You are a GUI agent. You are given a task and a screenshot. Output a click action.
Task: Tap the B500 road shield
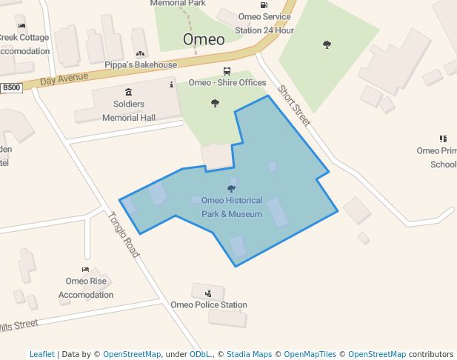click(x=11, y=88)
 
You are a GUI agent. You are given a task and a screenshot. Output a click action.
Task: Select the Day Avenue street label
click(x=64, y=77)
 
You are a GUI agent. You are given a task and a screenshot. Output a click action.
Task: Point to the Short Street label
click(x=294, y=105)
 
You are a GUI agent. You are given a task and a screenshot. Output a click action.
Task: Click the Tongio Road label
click(x=124, y=235)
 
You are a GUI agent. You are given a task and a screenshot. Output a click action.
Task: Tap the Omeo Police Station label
click(x=209, y=304)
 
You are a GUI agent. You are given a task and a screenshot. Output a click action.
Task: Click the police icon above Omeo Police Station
click(x=208, y=293)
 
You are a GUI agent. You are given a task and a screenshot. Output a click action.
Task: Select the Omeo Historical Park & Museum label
click(x=232, y=207)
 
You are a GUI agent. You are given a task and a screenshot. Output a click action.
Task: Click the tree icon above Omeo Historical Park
click(x=231, y=189)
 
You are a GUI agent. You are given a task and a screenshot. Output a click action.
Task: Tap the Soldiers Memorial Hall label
click(x=129, y=111)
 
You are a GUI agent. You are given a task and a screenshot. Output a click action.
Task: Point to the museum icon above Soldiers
click(x=129, y=92)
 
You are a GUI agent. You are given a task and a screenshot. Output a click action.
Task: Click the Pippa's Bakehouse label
click(x=141, y=65)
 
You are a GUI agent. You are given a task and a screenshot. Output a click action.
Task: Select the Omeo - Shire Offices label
click(x=227, y=82)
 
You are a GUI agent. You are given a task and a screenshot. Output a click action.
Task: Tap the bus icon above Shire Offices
click(x=227, y=72)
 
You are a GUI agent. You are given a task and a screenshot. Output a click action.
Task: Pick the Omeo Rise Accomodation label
click(x=86, y=287)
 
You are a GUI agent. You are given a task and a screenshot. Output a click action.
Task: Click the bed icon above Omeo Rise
click(x=86, y=270)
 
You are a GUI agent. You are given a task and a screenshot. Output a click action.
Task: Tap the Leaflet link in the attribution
click(x=41, y=354)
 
